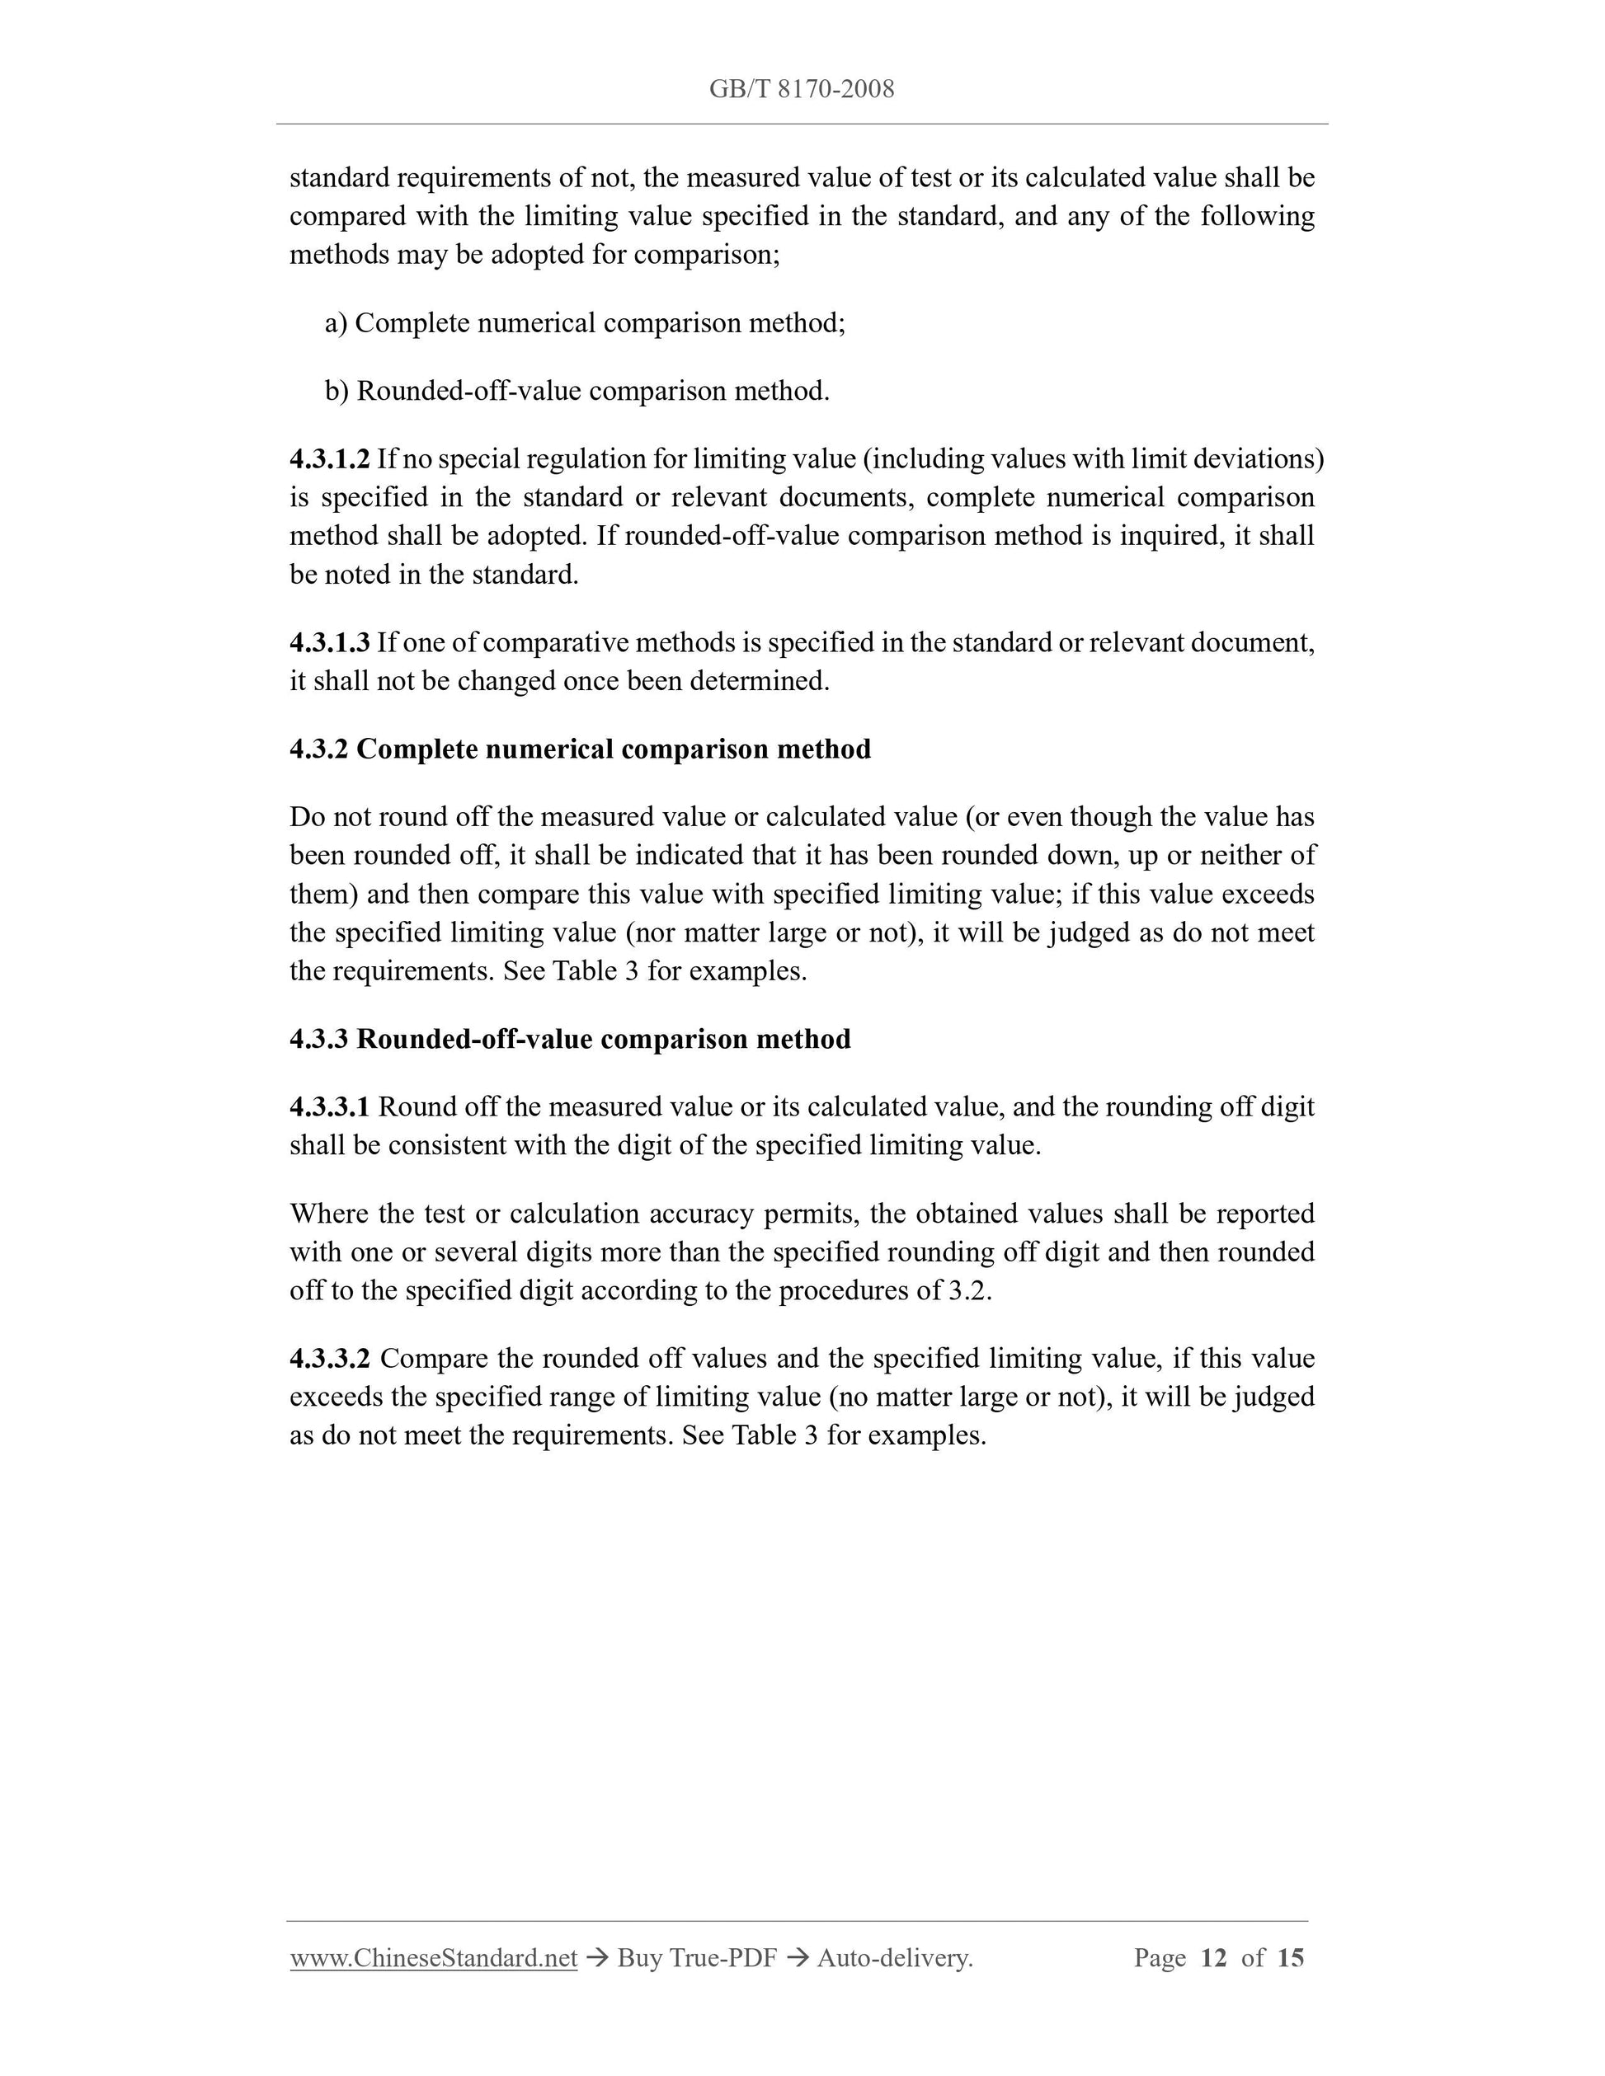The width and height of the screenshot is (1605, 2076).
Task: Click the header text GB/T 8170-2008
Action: click(x=802, y=89)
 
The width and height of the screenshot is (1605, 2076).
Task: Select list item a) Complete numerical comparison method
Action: click(x=585, y=323)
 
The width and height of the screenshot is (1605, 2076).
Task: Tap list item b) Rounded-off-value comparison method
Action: click(x=577, y=392)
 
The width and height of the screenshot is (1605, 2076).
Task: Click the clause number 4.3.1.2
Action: click(x=329, y=459)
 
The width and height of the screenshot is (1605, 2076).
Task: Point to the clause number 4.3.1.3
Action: click(x=329, y=644)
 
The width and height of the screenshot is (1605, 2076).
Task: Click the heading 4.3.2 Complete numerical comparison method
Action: click(x=580, y=750)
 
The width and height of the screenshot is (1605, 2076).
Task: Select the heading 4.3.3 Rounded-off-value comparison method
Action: click(x=570, y=1039)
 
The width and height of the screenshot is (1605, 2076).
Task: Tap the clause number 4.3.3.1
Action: click(x=329, y=1107)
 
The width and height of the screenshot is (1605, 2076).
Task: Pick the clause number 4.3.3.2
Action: click(x=329, y=1360)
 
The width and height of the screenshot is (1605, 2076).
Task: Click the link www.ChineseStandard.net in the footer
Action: click(x=434, y=1958)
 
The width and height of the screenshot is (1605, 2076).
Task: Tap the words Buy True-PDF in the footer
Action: click(x=697, y=1958)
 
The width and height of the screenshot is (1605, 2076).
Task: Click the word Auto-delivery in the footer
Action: click(x=893, y=1958)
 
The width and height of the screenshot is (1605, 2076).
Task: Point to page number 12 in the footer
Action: click(x=1214, y=1958)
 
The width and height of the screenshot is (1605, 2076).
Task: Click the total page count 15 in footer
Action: click(x=1290, y=1958)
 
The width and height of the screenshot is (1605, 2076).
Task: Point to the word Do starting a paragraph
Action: click(x=307, y=818)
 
